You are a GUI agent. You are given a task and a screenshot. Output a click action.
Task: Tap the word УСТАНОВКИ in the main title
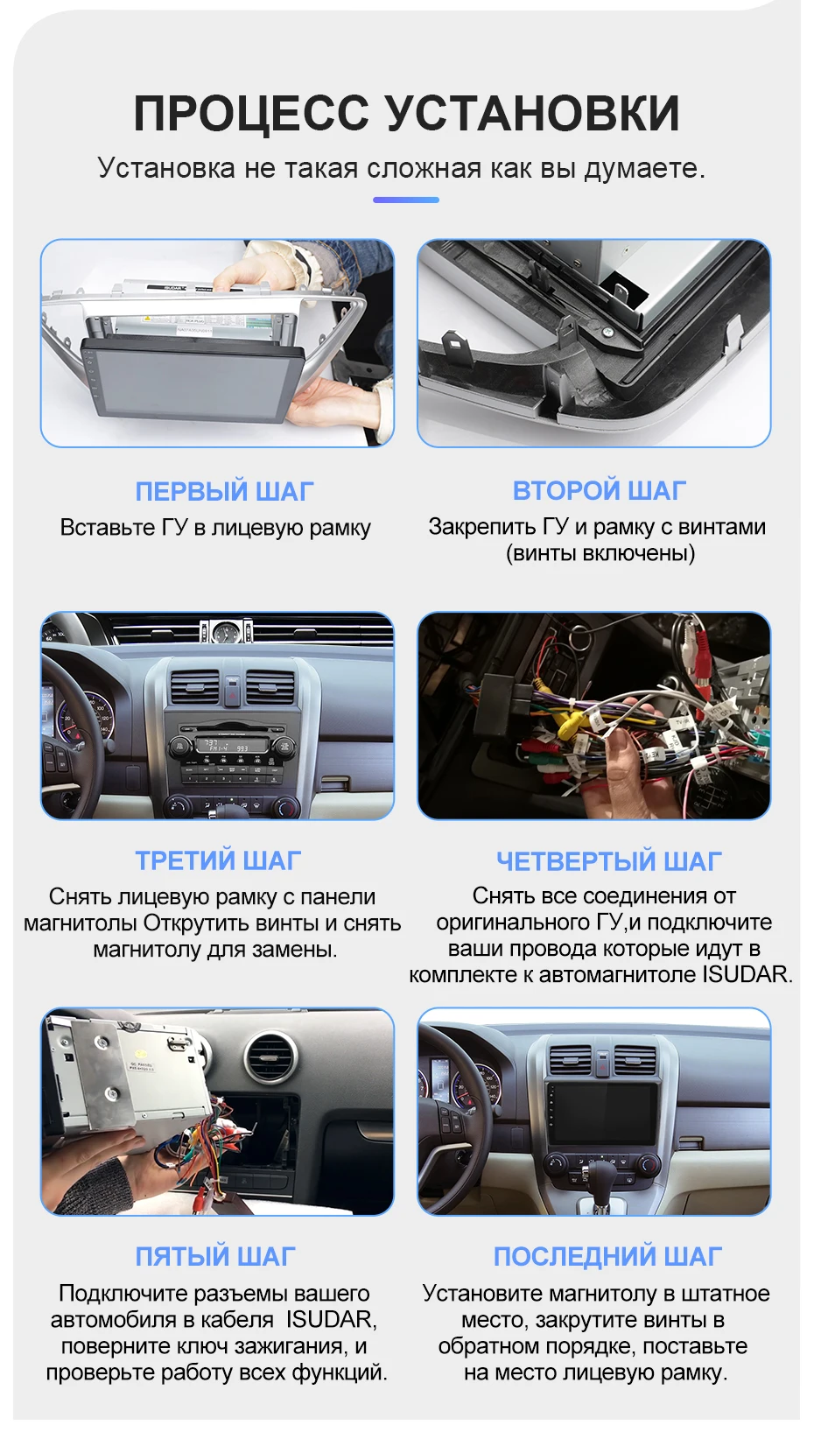pyautogui.click(x=533, y=114)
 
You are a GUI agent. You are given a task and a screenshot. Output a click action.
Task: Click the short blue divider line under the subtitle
pyautogui.click(x=406, y=200)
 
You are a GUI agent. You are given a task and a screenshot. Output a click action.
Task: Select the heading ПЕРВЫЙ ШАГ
pyautogui.click(x=224, y=491)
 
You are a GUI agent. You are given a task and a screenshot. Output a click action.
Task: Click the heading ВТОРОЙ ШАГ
pyautogui.click(x=600, y=491)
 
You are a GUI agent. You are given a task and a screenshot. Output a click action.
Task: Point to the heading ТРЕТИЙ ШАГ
pyautogui.click(x=219, y=860)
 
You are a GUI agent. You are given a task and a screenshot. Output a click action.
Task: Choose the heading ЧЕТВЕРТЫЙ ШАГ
pyautogui.click(x=609, y=861)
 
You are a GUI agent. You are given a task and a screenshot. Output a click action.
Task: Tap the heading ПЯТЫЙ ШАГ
pyautogui.click(x=216, y=1257)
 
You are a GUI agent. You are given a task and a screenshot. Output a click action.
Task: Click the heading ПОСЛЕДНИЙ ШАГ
pyautogui.click(x=607, y=1257)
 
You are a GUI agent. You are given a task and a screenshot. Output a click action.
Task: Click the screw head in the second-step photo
pyautogui.click(x=607, y=332)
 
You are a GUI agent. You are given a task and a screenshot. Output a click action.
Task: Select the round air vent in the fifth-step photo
pyautogui.click(x=270, y=1056)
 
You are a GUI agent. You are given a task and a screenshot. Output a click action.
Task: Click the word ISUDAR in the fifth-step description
pyautogui.click(x=330, y=1319)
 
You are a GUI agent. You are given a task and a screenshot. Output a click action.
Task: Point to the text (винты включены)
pyautogui.click(x=600, y=553)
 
